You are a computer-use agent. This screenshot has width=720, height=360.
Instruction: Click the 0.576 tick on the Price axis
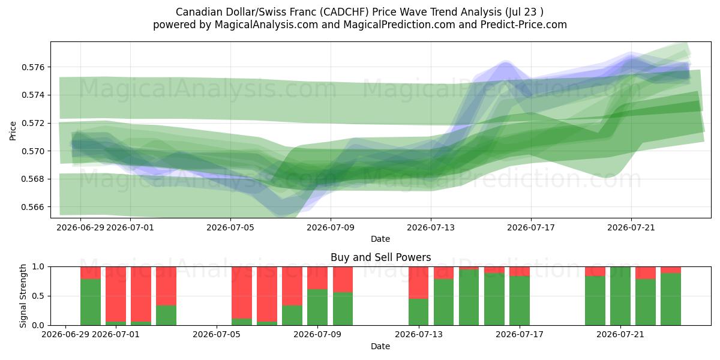tap(33, 67)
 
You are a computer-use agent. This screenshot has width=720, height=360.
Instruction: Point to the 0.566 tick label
tap(33, 207)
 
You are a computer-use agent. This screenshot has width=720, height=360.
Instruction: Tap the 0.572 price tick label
tap(33, 123)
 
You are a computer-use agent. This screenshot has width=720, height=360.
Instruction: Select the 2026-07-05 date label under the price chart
tap(230, 227)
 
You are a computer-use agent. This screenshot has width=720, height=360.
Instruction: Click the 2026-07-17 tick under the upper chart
tap(531, 227)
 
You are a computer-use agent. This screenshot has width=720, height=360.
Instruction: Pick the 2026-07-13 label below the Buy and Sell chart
tap(419, 334)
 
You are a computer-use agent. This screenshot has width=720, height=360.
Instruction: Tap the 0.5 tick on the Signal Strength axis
tap(38, 296)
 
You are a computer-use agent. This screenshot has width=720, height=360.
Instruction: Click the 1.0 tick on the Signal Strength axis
tap(38, 267)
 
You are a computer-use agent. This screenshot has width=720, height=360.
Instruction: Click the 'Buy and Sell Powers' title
tap(380, 257)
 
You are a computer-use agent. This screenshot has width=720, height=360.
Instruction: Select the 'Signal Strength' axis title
tap(23, 296)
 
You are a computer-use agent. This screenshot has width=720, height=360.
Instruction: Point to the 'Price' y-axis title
tap(13, 131)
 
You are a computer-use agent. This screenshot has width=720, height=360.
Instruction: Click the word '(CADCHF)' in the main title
tap(344, 12)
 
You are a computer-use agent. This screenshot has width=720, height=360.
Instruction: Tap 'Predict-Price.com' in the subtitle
tap(524, 25)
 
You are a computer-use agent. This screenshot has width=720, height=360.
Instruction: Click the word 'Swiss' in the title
tap(272, 12)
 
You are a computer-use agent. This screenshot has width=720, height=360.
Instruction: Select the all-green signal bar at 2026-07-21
tap(620, 296)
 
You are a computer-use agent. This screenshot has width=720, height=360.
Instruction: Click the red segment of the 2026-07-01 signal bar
tap(116, 294)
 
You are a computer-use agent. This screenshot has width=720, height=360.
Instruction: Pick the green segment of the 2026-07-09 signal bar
tap(317, 307)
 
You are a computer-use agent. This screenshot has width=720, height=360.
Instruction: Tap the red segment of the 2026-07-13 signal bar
tap(419, 283)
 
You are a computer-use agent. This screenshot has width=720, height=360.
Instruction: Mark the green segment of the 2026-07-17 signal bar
tap(520, 301)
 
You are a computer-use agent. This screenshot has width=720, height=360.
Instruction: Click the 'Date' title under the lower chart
tap(380, 346)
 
